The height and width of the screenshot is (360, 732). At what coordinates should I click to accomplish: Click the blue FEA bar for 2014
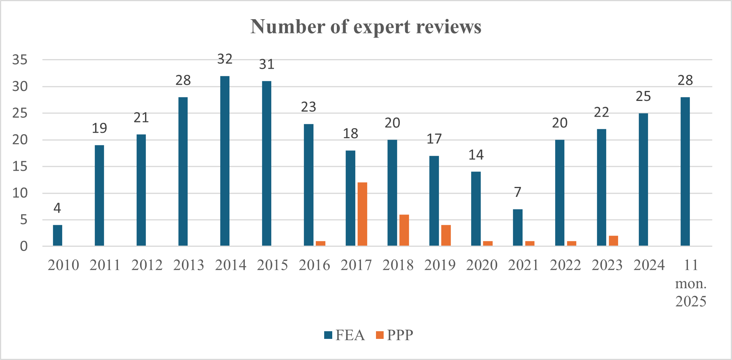coord(225,161)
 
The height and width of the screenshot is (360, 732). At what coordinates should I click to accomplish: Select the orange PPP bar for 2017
coord(362,214)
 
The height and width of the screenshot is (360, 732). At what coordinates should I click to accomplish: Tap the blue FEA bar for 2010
coord(58,235)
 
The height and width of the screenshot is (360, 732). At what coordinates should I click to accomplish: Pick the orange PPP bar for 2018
coord(404,230)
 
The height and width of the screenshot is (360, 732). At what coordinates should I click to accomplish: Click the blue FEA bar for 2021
coord(518,227)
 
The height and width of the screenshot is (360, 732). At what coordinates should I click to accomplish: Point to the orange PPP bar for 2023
coord(613,241)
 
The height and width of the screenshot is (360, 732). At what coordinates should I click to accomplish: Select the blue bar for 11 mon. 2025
coord(685,171)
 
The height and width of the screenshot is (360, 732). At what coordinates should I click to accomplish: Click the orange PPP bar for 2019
coord(446,235)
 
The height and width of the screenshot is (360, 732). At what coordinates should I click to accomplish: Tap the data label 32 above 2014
coord(225,59)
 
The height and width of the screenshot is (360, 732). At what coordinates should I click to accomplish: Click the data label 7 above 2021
coord(518,192)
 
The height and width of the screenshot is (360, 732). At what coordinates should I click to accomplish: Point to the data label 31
coord(267,64)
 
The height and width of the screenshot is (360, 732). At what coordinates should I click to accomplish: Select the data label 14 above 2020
coord(476,155)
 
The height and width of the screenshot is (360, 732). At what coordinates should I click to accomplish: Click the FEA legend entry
coord(345,335)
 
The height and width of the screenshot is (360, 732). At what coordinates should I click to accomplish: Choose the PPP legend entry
coord(395,335)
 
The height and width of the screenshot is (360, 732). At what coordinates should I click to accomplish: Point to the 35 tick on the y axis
coord(20,60)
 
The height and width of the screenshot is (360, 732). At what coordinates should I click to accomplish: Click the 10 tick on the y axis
coord(20,193)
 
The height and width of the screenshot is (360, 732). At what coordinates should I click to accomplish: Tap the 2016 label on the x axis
coord(314,265)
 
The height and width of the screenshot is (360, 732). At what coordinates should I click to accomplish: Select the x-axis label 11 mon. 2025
coord(691,283)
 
